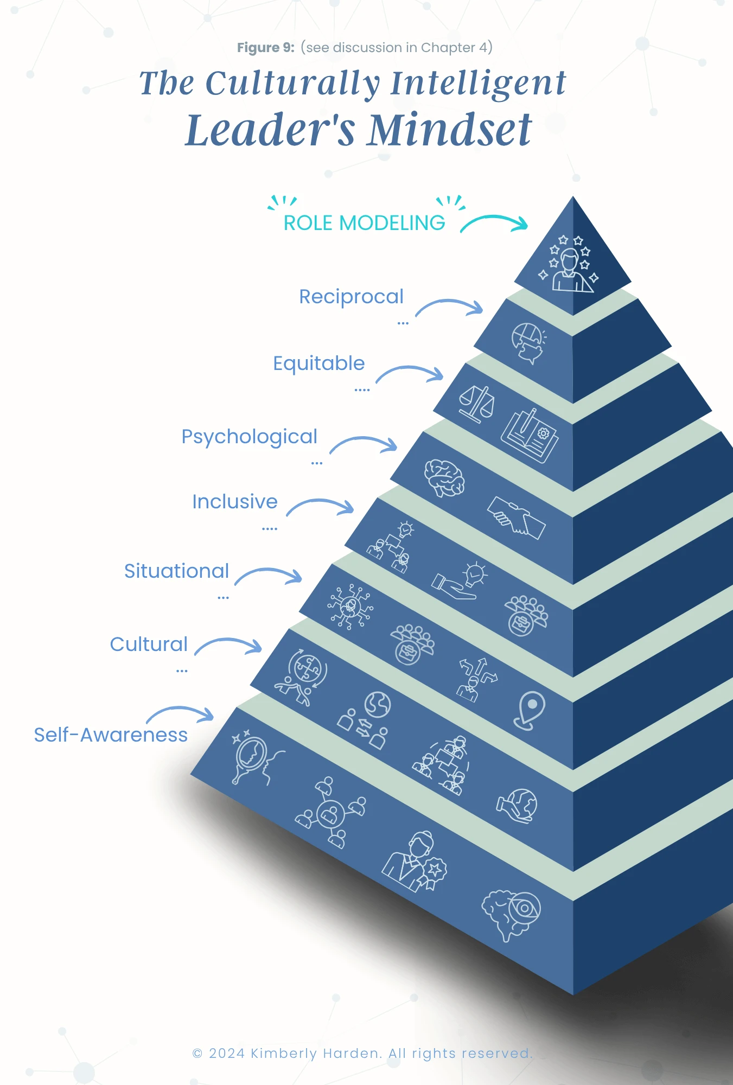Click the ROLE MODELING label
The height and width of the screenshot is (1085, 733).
364,223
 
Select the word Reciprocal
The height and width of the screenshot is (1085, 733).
351,297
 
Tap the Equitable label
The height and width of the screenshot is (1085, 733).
318,363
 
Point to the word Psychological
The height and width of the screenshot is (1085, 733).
249,437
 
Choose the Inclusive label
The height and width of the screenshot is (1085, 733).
234,502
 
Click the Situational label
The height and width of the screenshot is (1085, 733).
176,571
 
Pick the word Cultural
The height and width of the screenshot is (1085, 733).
149,644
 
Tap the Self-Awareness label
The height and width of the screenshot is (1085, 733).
111,735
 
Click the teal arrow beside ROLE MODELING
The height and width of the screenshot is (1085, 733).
494,222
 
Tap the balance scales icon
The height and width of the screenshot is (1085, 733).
476,404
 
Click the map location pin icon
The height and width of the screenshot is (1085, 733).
530,709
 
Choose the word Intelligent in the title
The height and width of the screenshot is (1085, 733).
478,84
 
